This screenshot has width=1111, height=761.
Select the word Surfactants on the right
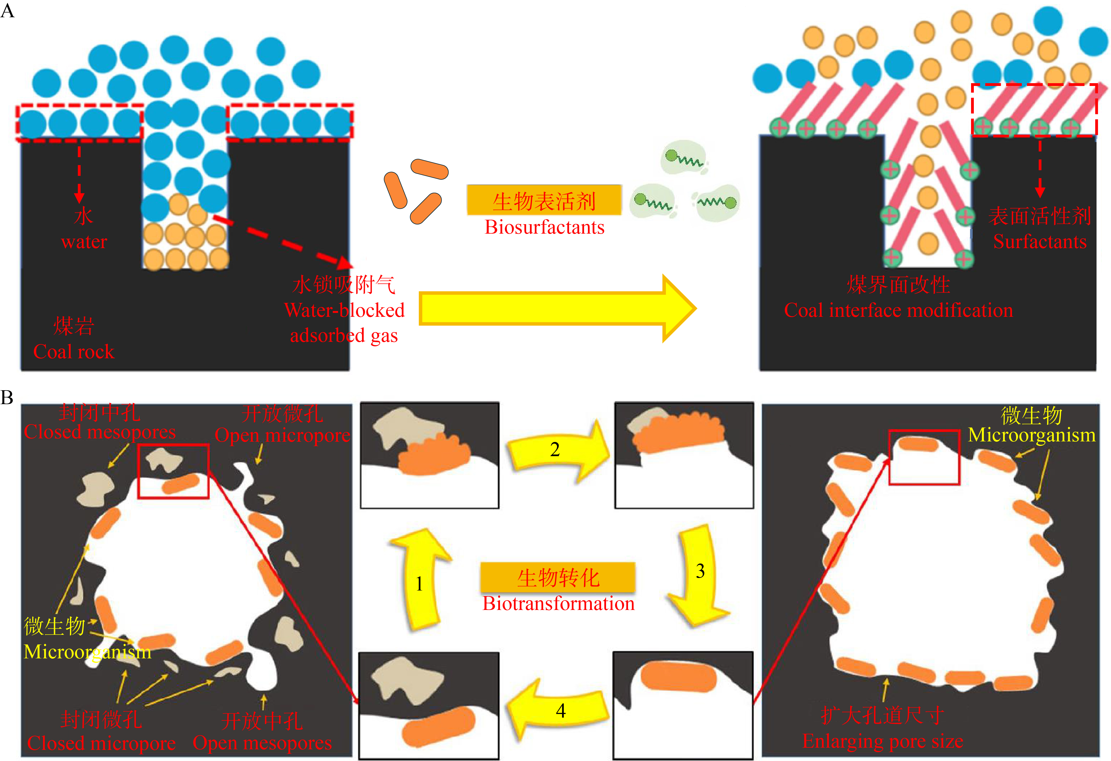tap(1040, 241)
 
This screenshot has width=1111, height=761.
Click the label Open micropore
tap(282, 436)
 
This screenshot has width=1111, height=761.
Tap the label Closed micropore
tap(101, 743)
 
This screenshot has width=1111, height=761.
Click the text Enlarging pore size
tap(883, 741)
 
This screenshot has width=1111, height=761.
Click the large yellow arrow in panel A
tap(557, 308)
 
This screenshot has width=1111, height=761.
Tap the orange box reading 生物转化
tap(558, 577)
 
